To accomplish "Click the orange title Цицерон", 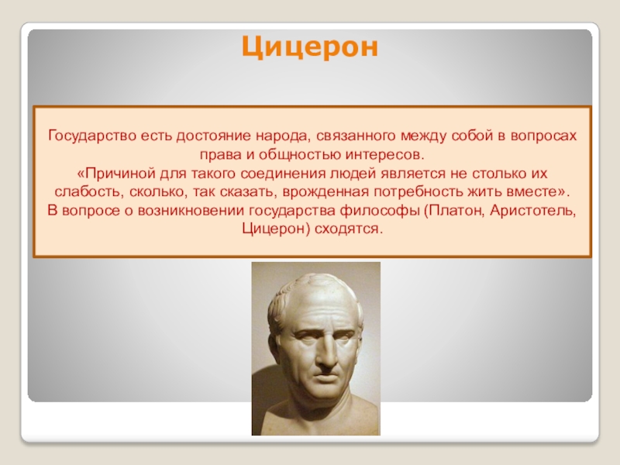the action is [x=310, y=47].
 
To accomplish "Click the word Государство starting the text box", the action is [x=92, y=136].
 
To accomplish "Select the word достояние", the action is [x=214, y=136].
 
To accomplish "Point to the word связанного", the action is [x=356, y=136].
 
